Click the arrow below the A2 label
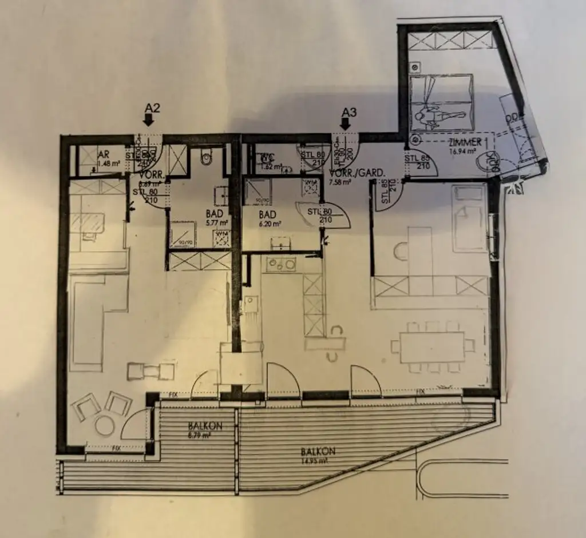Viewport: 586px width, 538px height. (x=148, y=119)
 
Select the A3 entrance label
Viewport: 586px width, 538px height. (x=348, y=111)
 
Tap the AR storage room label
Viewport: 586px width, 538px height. (x=104, y=155)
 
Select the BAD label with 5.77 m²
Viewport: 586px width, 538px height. (x=213, y=214)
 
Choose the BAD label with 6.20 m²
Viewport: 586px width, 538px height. (x=267, y=215)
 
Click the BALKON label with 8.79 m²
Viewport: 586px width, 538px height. (x=204, y=426)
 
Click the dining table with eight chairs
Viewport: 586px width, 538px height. (x=432, y=347)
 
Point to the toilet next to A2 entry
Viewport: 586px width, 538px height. (x=207, y=154)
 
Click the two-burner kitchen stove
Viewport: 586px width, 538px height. (x=282, y=265)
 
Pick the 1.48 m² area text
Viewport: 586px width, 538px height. (x=107, y=164)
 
